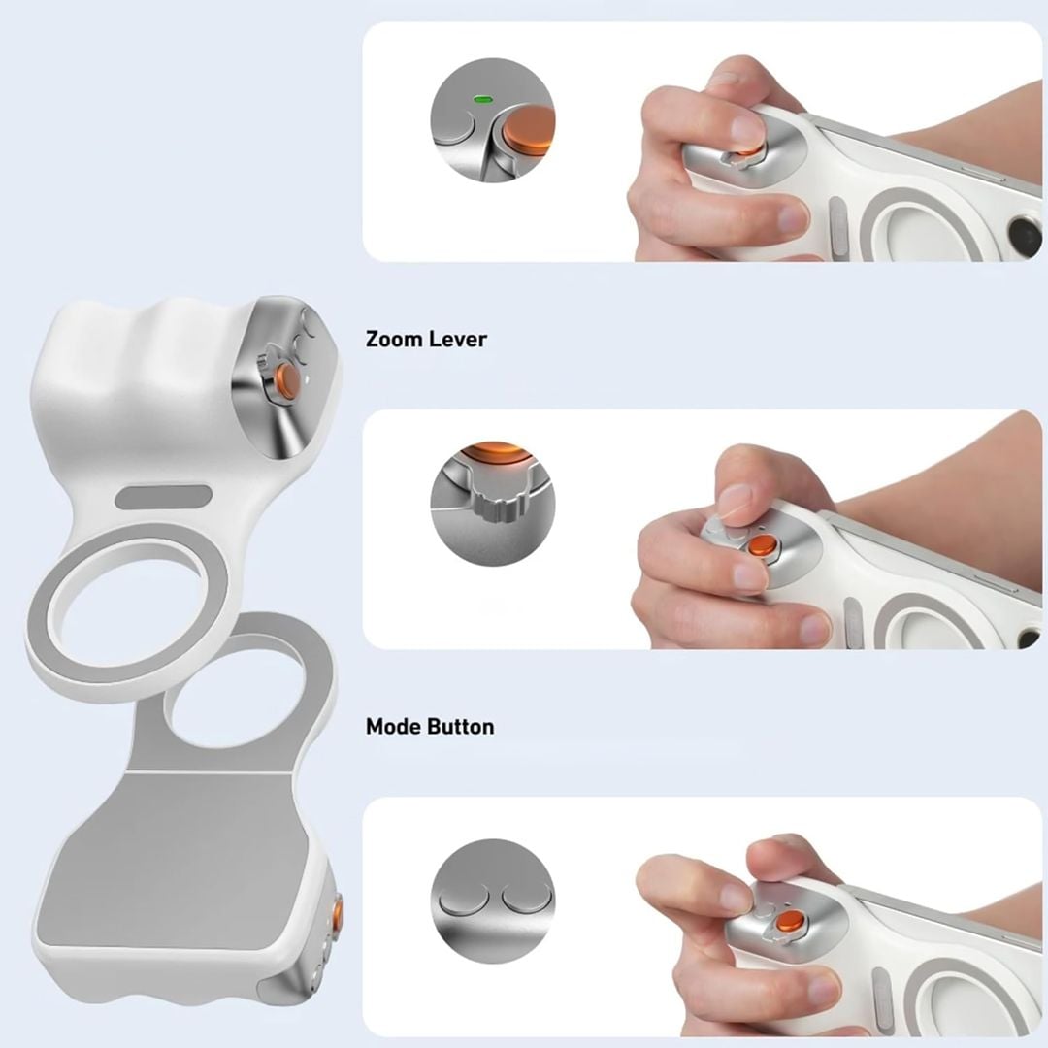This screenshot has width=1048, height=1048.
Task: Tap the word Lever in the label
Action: coord(458,339)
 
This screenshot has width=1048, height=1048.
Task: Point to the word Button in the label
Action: coord(462,726)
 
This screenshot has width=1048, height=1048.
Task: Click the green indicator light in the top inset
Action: coord(480,98)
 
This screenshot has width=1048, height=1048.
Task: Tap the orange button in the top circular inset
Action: coord(531,126)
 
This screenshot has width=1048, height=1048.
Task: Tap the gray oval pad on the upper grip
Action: coord(163,497)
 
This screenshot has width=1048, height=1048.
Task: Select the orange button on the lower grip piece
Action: coord(337,913)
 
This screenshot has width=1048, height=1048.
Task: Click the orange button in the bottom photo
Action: coord(791,920)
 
